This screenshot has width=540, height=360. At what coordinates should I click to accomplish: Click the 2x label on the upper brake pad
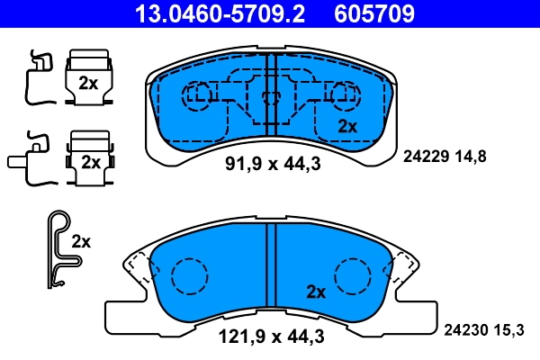346,126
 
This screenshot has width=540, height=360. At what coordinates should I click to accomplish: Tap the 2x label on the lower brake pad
315,292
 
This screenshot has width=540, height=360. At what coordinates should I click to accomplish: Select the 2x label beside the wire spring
82,241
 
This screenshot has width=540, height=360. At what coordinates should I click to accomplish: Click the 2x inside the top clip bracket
88,83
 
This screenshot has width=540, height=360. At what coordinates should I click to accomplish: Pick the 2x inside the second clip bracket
90,162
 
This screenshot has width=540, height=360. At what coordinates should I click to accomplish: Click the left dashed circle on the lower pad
189,275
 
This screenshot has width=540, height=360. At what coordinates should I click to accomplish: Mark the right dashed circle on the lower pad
352,275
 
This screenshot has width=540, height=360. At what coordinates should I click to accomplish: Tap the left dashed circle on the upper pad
196,94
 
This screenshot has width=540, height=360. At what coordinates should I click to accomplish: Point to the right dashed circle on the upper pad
343,94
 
